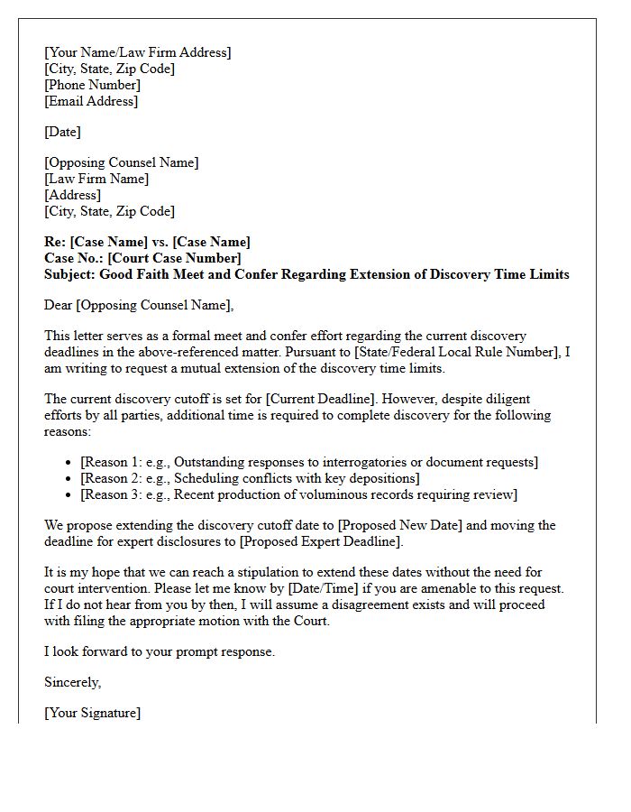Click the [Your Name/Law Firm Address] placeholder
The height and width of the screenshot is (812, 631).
[x=137, y=52]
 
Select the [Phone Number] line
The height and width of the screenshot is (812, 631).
[x=92, y=85]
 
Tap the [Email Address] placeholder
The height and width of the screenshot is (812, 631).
[x=91, y=101]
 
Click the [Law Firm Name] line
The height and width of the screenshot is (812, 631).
[x=96, y=179]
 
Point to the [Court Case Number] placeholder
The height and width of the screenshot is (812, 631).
[x=175, y=258]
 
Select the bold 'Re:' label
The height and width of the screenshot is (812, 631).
[x=55, y=242]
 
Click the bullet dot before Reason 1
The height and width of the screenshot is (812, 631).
[x=70, y=463]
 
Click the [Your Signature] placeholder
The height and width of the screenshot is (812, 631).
[x=92, y=713]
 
